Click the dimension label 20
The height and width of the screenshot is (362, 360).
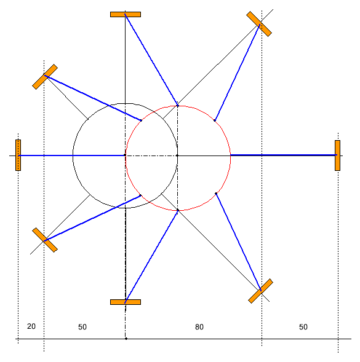(31, 326)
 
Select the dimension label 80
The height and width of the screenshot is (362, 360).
(199, 327)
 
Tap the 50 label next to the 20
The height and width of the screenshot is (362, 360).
(82, 327)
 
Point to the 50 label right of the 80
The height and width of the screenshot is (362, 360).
(303, 327)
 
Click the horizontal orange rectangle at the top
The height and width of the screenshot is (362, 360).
(126, 14)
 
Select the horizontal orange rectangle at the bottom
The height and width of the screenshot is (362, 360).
(126, 302)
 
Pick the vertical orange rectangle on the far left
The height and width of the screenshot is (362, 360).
(18, 155)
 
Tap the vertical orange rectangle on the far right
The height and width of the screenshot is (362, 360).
(337, 155)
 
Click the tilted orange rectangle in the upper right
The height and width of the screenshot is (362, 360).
(259, 24)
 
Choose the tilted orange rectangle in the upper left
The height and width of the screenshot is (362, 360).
(45, 77)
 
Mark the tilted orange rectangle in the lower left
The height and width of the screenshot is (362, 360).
(45, 240)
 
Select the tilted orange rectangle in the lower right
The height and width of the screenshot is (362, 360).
(260, 291)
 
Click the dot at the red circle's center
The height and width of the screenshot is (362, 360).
(177, 155)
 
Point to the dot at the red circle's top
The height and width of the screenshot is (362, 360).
(178, 106)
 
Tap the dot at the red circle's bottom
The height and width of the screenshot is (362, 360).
(178, 210)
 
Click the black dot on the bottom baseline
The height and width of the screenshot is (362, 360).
(126, 339)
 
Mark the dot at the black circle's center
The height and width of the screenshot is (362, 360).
(125, 155)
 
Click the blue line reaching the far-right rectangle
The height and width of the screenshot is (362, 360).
(284, 155)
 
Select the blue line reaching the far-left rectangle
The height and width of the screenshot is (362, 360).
(71, 155)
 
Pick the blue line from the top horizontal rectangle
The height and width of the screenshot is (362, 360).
(151, 60)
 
